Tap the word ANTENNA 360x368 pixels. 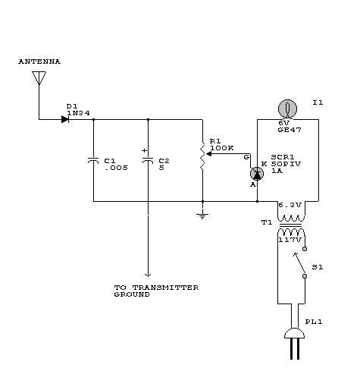pyautogui.click(x=39, y=61)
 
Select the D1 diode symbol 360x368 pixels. pyautogui.click(x=65, y=119)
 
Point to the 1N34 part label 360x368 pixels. pyautogui.click(x=78, y=113)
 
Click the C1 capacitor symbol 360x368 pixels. pyautogui.click(x=93, y=160)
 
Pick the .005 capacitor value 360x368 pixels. pyautogui.click(x=116, y=168)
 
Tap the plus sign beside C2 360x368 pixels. pyautogui.click(x=144, y=151)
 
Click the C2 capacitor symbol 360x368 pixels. pyautogui.click(x=148, y=160)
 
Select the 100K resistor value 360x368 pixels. pyautogui.click(x=222, y=148)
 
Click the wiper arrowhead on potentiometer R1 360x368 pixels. pyautogui.click(x=209, y=153)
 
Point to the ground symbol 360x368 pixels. pyautogui.click(x=202, y=216)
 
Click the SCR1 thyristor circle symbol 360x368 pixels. pyautogui.click(x=257, y=174)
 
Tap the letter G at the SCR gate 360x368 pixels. pyautogui.click(x=246, y=157)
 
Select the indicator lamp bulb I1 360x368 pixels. pyautogui.click(x=287, y=109)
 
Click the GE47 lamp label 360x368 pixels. pyautogui.click(x=290, y=130)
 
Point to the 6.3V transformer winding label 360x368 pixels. pyautogui.click(x=290, y=205)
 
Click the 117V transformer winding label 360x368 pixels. pyautogui.click(x=290, y=240)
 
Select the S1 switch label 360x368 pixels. pyautogui.click(x=318, y=267)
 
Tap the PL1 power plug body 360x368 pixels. pyautogui.click(x=295, y=333)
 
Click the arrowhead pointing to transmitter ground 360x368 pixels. pyautogui.click(x=148, y=275)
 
